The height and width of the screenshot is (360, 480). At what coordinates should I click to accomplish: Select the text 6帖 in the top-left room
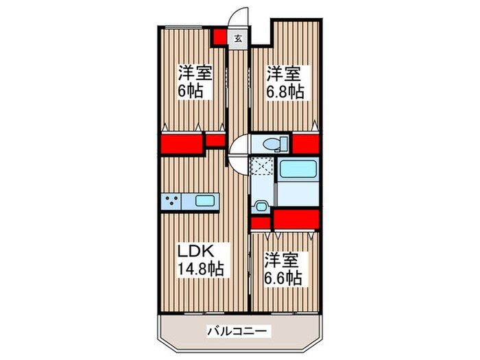pyautogui.click(x=191, y=91)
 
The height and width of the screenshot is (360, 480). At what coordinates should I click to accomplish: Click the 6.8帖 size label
pyautogui.click(x=285, y=91)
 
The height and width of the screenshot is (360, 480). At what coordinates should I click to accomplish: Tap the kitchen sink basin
pyautogui.click(x=206, y=202)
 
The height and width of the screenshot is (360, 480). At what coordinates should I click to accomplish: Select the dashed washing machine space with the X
pyautogui.click(x=261, y=168)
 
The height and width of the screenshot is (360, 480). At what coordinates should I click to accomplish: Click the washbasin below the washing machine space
pyautogui.click(x=261, y=206)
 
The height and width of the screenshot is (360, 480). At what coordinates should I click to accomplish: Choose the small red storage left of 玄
pyautogui.click(x=219, y=37)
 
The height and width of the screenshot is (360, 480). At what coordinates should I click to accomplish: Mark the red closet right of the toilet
pyautogui.click(x=306, y=144)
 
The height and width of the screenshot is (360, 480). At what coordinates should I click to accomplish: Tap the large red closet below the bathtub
pyautogui.click(x=296, y=219)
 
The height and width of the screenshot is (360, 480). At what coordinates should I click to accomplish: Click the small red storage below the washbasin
pyautogui.click(x=259, y=223)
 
